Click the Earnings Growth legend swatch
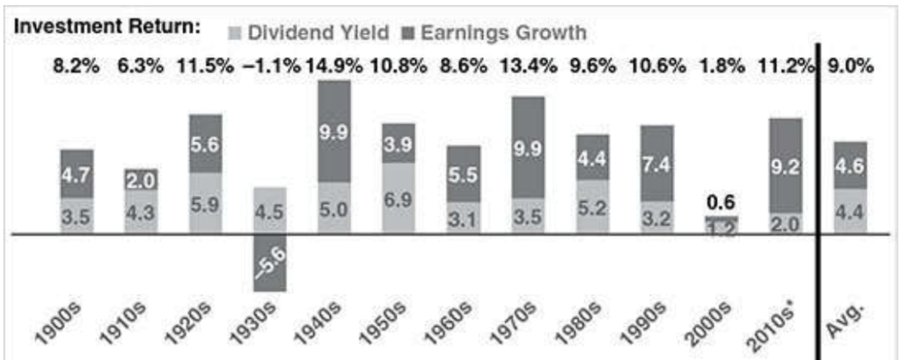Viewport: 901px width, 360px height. coord(407,33)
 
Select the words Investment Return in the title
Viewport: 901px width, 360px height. coord(105,28)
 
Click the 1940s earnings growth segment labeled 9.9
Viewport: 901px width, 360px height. coord(334,131)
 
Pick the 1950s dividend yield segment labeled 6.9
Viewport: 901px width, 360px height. coord(399,198)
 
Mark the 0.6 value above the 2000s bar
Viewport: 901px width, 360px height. coord(720,201)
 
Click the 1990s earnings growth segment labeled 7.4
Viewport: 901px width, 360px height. coord(656,163)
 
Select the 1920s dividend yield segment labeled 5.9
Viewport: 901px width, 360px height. coord(206,202)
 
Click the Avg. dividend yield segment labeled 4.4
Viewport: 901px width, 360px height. coord(849,211)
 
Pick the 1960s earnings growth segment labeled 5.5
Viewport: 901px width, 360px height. coord(463,173)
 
